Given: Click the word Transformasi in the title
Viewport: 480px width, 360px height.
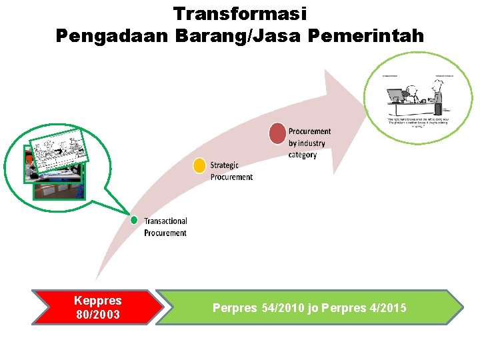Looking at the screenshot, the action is click(x=240, y=13).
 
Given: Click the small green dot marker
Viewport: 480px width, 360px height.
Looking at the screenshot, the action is click(x=134, y=219).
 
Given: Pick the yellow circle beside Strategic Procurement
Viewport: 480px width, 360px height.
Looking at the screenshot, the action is click(x=199, y=165).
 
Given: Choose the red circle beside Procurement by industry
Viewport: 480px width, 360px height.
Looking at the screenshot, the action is click(x=277, y=133).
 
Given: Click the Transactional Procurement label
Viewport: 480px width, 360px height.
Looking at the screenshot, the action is click(x=165, y=227).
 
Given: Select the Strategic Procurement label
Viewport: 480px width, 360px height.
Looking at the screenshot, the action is click(x=231, y=171).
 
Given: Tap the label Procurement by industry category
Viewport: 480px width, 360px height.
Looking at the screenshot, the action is click(x=309, y=143).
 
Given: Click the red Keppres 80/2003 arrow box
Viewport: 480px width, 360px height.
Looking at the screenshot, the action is click(x=97, y=307).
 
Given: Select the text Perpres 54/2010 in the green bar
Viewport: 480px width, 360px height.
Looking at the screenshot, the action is click(x=259, y=308).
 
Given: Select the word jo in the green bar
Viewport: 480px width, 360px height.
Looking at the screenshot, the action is click(x=312, y=308).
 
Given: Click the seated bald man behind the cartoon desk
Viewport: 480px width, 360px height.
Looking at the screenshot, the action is click(x=413, y=94).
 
